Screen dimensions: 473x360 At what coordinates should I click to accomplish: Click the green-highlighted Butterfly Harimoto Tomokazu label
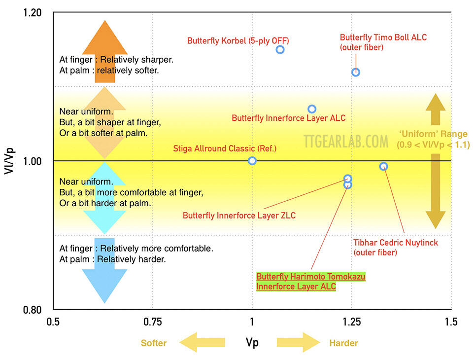click(x=311, y=282)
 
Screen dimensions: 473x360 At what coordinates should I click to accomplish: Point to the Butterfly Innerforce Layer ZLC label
click(x=239, y=216)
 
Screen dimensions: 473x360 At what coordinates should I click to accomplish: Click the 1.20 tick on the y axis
click(x=33, y=13)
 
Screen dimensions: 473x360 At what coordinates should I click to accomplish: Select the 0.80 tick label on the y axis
click(x=33, y=310)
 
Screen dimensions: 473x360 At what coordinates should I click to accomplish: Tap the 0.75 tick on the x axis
click(x=153, y=322)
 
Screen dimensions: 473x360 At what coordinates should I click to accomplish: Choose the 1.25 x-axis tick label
click(x=352, y=322)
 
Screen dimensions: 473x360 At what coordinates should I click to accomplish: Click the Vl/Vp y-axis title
click(x=9, y=161)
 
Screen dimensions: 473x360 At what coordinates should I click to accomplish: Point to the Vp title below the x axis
click(x=252, y=343)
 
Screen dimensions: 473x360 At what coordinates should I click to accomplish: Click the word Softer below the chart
click(x=154, y=343)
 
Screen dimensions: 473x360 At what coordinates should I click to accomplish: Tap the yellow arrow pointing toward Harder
click(x=299, y=342)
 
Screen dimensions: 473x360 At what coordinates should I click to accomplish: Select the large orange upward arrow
click(x=105, y=51)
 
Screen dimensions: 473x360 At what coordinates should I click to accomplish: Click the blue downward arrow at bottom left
click(x=104, y=271)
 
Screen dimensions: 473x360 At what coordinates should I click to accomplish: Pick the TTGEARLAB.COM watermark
click(x=346, y=142)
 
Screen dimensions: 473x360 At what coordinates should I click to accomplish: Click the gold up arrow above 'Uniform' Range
click(x=436, y=109)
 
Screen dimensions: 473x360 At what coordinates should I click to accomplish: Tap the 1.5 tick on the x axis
click(x=451, y=322)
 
